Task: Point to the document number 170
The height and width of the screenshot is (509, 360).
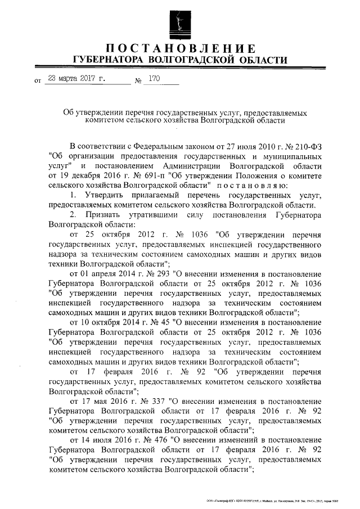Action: pyautogui.click(x=154, y=79)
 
